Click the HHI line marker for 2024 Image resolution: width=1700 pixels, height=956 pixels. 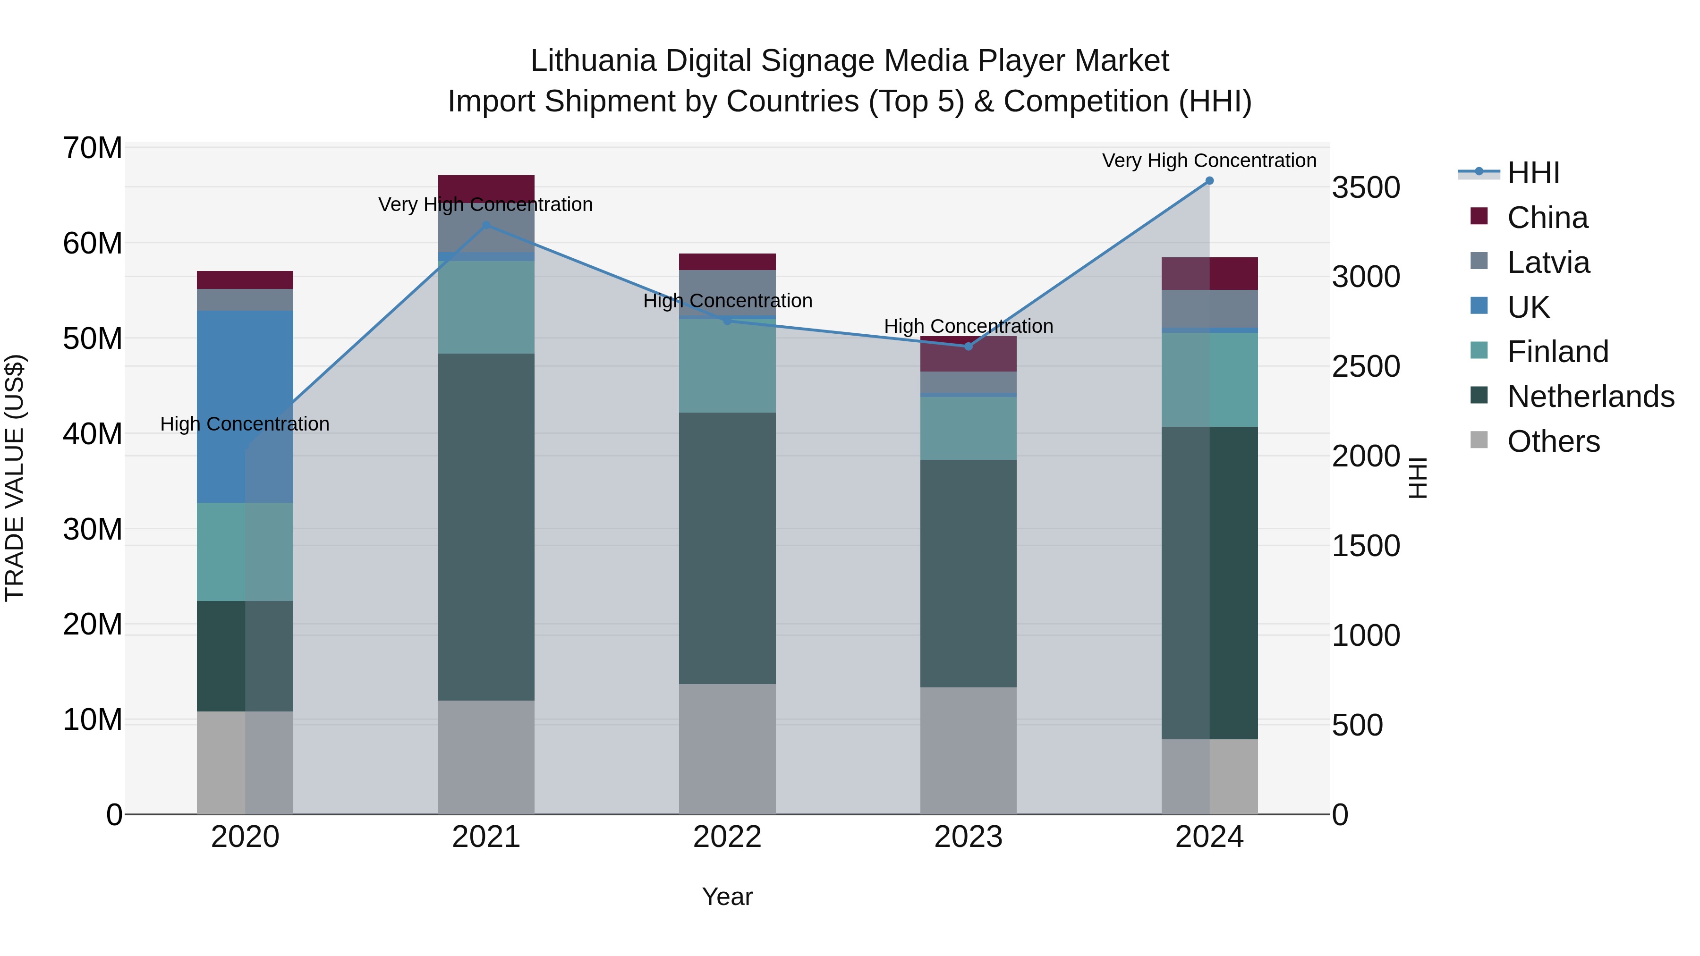click(x=1209, y=181)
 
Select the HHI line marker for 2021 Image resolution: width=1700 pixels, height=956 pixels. click(x=486, y=225)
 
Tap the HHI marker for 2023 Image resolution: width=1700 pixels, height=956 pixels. click(x=968, y=347)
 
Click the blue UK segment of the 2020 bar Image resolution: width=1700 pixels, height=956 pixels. click(x=245, y=406)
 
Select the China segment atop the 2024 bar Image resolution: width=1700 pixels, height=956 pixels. click(x=1209, y=273)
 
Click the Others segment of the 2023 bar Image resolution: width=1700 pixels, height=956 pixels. click(x=968, y=750)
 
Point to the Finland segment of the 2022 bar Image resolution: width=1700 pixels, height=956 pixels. click(x=727, y=366)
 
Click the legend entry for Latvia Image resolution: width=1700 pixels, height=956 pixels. click(x=1548, y=262)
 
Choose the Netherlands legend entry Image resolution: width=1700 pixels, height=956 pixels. click(x=1590, y=397)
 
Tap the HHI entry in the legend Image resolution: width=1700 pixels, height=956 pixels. click(x=1533, y=173)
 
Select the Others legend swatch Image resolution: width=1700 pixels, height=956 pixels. click(x=1479, y=440)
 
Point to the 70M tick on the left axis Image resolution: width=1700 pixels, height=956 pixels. click(x=93, y=148)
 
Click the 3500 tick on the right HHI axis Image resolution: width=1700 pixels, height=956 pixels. click(x=1365, y=187)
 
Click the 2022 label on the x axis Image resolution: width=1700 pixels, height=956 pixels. click(x=727, y=837)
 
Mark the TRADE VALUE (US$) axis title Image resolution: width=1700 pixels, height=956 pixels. click(x=15, y=478)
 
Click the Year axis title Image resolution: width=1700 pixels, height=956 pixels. click(x=727, y=897)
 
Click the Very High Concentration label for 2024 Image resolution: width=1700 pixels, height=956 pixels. click(x=1209, y=161)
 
